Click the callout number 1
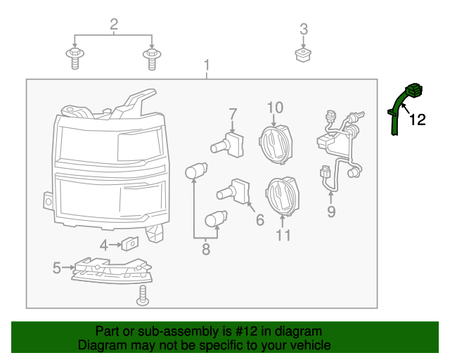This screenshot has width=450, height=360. pos(207,65)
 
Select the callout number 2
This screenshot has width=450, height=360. pos(114,26)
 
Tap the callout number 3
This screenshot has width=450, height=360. pos(304,30)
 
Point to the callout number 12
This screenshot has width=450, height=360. pos(418,120)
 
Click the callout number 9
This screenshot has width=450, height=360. pos(330,212)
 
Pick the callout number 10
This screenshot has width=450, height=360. pos(274,108)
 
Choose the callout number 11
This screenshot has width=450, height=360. pos(283,235)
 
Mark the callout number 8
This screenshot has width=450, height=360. pos(205,249)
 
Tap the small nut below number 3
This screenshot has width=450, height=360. pos(303,55)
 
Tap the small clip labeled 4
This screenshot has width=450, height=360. pos(129,244)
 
